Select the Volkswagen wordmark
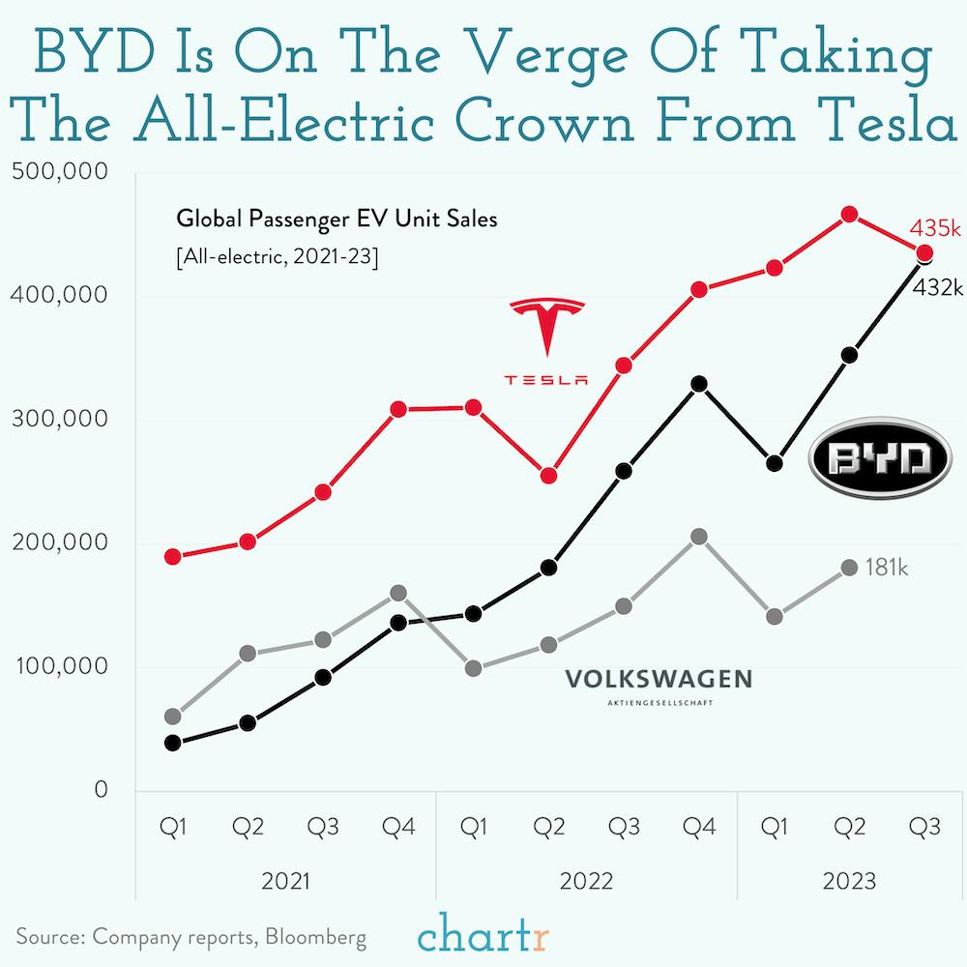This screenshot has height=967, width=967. [659, 681]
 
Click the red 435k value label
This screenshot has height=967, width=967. [935, 229]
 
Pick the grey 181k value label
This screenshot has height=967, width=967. [886, 568]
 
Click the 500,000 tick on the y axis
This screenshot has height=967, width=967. [60, 172]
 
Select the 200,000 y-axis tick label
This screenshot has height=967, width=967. [60, 542]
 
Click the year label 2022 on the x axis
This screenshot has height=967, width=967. [586, 881]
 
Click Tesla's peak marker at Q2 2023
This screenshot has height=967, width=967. [849, 214]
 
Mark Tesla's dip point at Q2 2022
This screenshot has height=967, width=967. [548, 476]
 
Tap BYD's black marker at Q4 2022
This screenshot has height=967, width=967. [699, 384]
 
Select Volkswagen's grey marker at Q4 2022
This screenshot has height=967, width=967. [699, 537]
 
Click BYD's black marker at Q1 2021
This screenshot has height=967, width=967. [173, 743]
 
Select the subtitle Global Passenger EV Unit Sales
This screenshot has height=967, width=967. [337, 220]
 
